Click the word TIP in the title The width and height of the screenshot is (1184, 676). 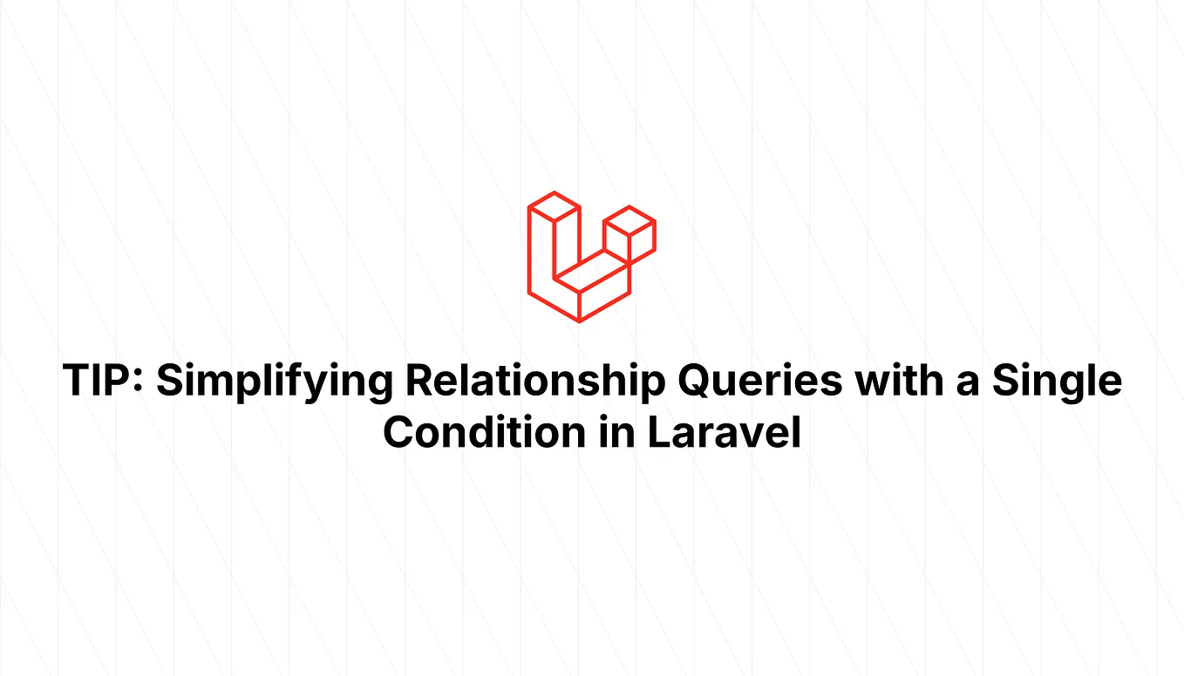click(99, 382)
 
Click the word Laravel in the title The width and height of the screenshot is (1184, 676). click(724, 432)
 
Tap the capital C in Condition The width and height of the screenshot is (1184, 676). click(400, 432)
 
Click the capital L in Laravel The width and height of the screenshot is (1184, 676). click(657, 432)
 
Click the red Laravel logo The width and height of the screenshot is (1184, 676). click(591, 257)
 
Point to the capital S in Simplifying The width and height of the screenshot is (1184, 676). click(172, 382)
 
